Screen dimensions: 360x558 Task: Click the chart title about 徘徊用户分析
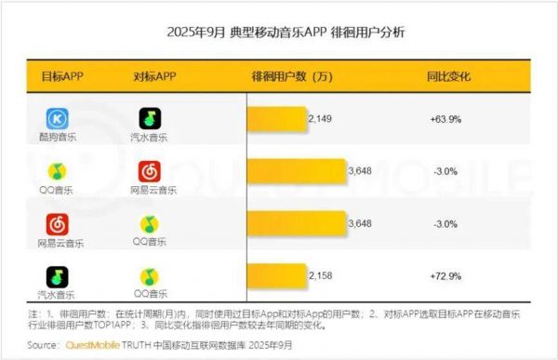click(278, 33)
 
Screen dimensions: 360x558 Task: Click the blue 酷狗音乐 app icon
click(59, 118)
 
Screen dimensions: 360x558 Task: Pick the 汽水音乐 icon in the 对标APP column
click(150, 118)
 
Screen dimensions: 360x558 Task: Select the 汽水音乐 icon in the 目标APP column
click(59, 277)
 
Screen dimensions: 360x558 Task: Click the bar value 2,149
click(322, 119)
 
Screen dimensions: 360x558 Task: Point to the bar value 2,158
click(322, 276)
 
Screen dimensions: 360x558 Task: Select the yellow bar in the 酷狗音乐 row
click(276, 119)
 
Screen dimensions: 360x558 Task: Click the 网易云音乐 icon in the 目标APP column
click(59, 224)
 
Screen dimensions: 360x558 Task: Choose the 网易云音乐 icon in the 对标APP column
click(150, 171)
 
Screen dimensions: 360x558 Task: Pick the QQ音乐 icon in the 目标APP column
click(59, 171)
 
